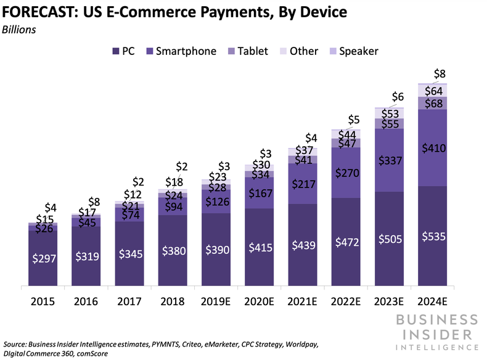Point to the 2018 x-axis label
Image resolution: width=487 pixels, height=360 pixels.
point(173,303)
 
